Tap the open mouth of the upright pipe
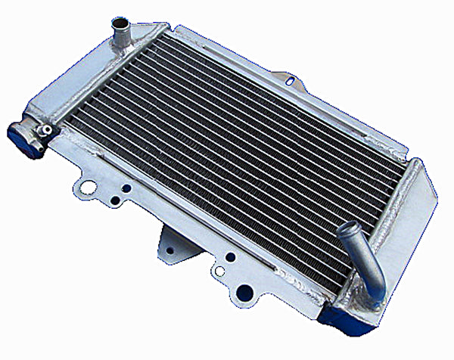coord(120,22)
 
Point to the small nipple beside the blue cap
coord(47,130)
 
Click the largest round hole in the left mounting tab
coord(89,187)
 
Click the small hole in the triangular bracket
coord(170,249)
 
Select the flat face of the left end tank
coord(83,83)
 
